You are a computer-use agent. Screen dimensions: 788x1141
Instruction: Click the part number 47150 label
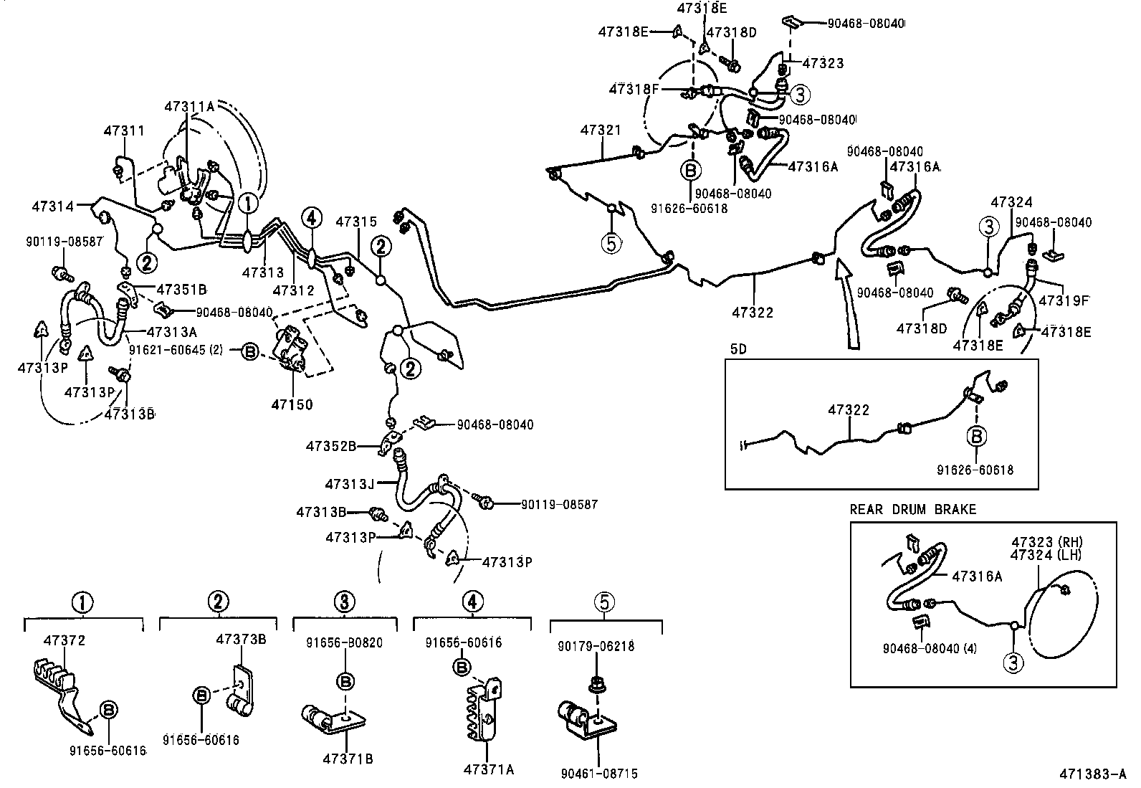(292, 404)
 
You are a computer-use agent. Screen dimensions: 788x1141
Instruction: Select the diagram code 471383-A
(1095, 775)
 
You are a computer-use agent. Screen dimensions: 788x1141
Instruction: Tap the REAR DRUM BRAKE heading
(912, 510)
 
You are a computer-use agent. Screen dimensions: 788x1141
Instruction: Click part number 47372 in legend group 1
(64, 640)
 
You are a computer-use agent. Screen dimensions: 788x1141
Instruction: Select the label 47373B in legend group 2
(242, 640)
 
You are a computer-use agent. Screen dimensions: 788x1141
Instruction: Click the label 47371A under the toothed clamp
(489, 769)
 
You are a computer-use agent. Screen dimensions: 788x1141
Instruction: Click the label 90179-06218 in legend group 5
(596, 646)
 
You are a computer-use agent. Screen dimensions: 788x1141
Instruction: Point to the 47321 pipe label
(601, 130)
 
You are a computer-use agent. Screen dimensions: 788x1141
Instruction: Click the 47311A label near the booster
(189, 106)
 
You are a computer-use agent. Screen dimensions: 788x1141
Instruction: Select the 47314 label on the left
(52, 207)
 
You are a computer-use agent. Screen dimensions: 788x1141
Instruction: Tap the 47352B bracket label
(331, 445)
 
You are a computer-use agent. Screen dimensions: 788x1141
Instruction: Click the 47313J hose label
(350, 484)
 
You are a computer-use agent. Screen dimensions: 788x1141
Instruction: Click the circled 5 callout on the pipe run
(611, 244)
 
